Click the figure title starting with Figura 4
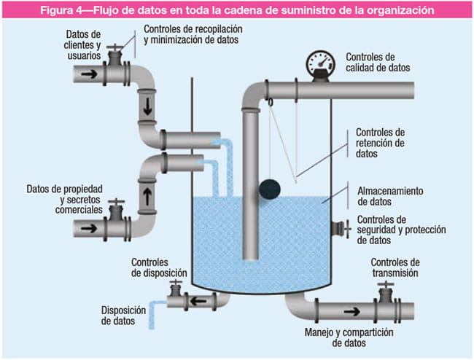(237, 11)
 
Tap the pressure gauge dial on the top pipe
(317, 62)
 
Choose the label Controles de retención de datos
(379, 144)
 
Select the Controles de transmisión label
(395, 267)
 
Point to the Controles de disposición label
(159, 267)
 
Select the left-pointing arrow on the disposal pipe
(196, 300)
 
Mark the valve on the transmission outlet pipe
(384, 299)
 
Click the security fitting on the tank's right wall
(338, 230)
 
